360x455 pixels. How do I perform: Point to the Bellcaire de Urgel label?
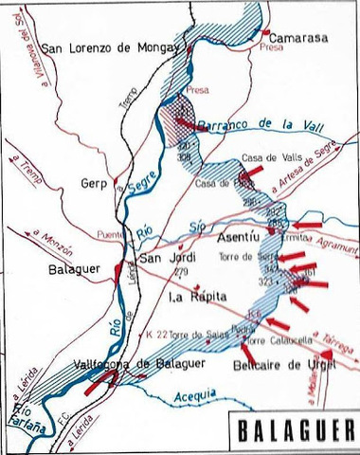[285, 365]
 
